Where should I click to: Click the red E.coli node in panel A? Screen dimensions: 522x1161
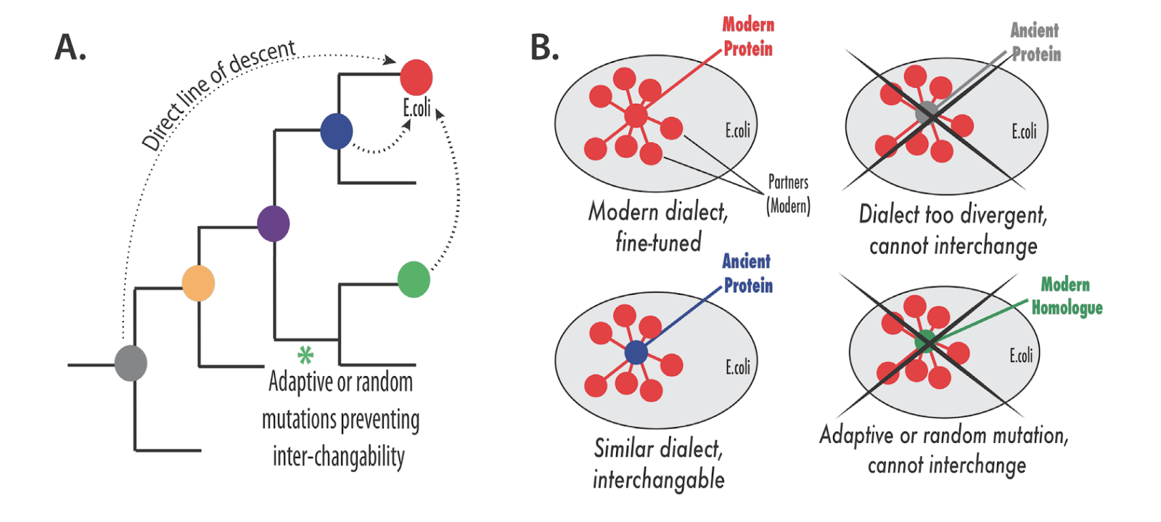click(417, 77)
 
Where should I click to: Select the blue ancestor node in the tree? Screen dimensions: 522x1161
click(337, 131)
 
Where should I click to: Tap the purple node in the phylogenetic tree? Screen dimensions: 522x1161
click(274, 223)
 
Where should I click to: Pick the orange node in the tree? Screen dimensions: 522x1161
click(198, 283)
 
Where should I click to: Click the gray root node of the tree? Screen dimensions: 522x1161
click(131, 363)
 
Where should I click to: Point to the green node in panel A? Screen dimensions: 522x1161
click(414, 280)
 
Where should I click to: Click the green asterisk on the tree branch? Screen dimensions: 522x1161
click(305, 355)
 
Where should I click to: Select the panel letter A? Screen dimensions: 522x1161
click(70, 48)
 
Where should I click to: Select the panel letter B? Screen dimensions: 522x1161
click(544, 48)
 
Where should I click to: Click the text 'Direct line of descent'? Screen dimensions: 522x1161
click(218, 94)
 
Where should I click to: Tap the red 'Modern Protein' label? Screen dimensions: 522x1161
click(748, 37)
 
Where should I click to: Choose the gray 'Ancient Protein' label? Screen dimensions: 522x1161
click(1035, 42)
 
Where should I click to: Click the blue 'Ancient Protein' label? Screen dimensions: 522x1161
click(747, 274)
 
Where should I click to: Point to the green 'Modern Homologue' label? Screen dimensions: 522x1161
click(1066, 296)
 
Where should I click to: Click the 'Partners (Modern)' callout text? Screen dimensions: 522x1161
click(788, 195)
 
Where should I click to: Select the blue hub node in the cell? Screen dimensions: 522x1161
click(636, 352)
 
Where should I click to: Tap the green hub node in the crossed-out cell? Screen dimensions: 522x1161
click(926, 341)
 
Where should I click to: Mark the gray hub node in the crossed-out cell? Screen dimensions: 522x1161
click(927, 113)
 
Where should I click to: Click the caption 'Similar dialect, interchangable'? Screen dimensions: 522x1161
click(658, 464)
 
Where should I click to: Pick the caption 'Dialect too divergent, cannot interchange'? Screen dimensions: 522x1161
click(953, 230)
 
